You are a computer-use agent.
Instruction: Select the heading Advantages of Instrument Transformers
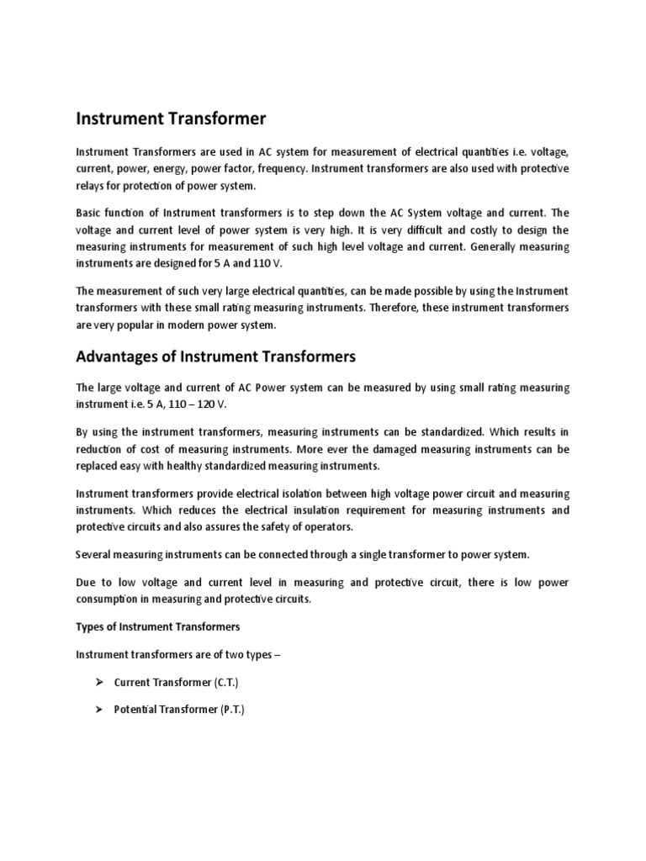click(x=216, y=357)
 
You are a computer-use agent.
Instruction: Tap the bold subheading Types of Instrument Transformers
click(x=158, y=626)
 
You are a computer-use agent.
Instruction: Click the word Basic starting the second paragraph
click(x=91, y=213)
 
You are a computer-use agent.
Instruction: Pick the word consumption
click(x=109, y=599)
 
